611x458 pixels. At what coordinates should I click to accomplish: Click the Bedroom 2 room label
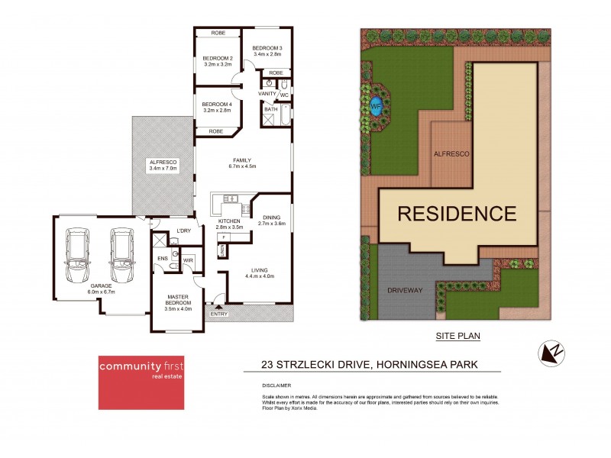tap(218, 58)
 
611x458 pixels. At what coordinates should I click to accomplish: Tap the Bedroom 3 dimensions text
tap(267, 54)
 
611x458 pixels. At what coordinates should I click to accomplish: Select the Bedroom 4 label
tap(218, 104)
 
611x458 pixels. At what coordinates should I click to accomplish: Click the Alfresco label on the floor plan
tap(163, 161)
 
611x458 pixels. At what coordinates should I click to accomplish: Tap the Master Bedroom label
tap(178, 301)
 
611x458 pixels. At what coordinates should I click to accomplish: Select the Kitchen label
tap(229, 221)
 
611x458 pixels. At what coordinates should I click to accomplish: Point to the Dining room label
tap(271, 218)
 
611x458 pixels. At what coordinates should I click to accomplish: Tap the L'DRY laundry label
tap(183, 231)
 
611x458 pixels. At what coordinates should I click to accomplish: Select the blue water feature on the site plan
tap(376, 106)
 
